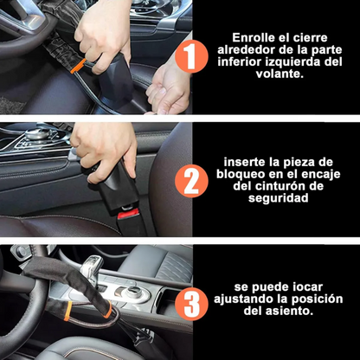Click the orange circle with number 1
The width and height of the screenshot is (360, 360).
[191, 57]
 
